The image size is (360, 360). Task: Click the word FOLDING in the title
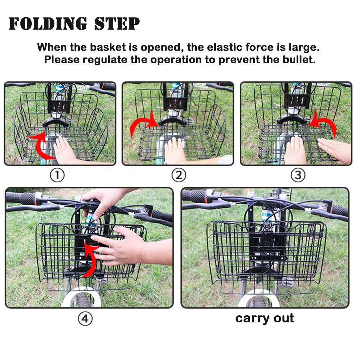48,24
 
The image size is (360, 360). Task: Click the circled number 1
57,175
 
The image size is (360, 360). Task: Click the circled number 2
179,175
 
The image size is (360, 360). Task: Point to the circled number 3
298,175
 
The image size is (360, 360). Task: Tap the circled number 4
85,319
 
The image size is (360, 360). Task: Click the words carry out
265,318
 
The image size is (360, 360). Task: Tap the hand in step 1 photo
65,150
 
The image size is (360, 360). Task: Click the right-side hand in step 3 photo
336,149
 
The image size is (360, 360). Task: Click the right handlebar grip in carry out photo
340,210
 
